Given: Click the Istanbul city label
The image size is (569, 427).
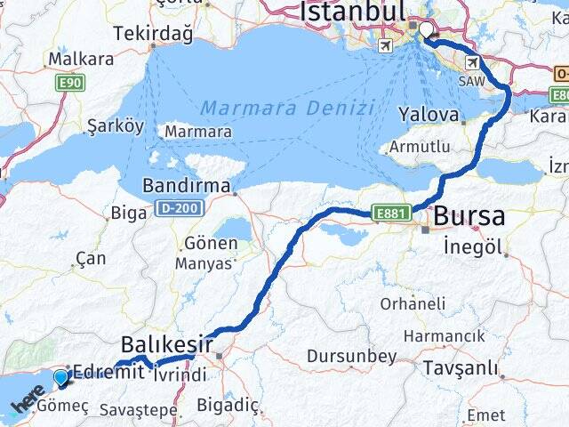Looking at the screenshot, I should (x=353, y=12).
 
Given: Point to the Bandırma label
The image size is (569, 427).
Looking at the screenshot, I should (x=187, y=188).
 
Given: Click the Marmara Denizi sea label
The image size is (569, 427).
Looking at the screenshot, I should (x=286, y=108).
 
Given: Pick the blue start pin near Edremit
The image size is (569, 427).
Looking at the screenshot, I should (x=60, y=377).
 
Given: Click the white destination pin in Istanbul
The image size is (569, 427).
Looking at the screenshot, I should (x=426, y=31).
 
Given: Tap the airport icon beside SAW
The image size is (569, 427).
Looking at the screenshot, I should (x=471, y=63).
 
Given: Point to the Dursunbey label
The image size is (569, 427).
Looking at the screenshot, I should (x=351, y=357).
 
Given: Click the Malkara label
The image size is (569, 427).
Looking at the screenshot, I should (x=81, y=59).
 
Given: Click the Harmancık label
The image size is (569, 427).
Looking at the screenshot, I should (x=445, y=335).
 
